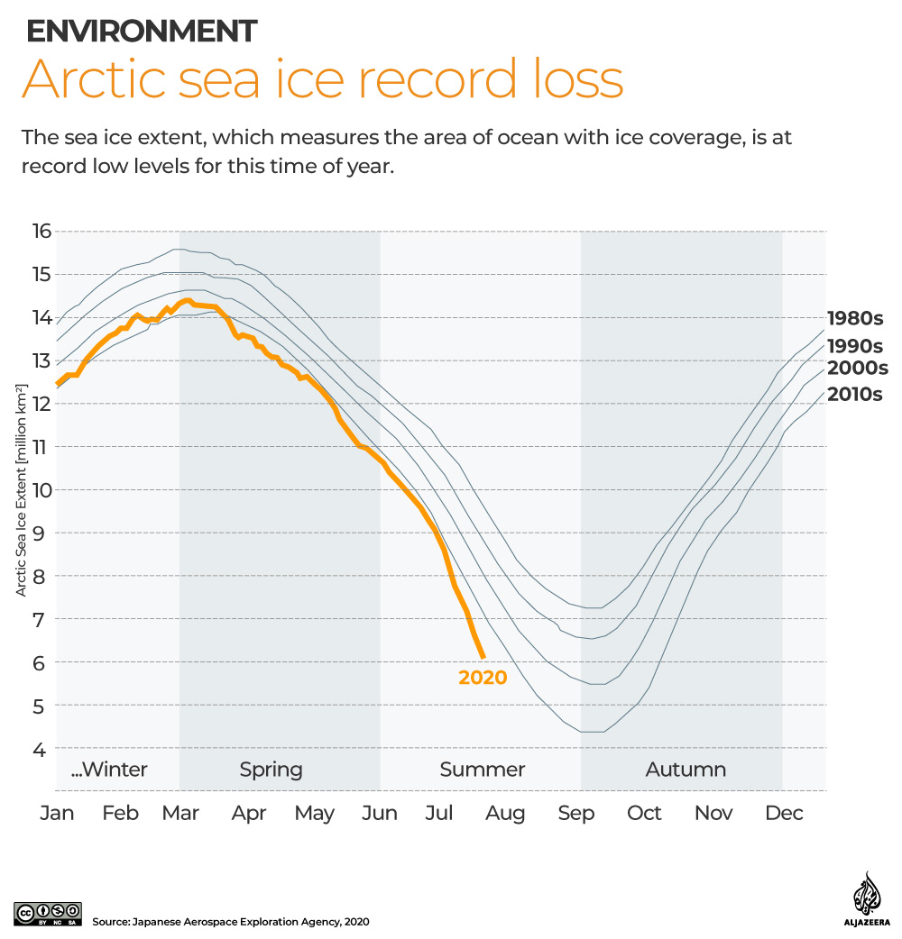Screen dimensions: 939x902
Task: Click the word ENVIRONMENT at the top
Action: tap(142, 32)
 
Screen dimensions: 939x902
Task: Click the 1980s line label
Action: tap(854, 318)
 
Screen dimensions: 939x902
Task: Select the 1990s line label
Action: tap(854, 346)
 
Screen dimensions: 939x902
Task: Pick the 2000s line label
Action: tap(858, 368)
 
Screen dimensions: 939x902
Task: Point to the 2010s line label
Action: tap(854, 394)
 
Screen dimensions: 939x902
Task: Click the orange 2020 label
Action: tap(483, 678)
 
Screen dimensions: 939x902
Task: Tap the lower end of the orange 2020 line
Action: tap(483, 655)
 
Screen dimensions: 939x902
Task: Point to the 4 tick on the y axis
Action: tap(40, 749)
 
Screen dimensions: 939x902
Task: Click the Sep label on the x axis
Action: tap(576, 813)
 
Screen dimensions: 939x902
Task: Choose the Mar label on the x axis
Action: tap(179, 813)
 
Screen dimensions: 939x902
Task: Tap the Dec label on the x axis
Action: tap(783, 813)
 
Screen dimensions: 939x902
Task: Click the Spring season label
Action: tap(271, 770)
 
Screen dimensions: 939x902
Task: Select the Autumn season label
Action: tap(686, 770)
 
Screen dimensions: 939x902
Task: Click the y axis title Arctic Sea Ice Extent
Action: tap(20, 488)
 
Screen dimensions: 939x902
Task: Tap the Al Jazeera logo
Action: tap(866, 898)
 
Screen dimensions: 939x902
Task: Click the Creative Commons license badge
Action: tap(48, 913)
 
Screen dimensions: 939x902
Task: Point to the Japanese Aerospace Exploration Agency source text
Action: tap(230, 922)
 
